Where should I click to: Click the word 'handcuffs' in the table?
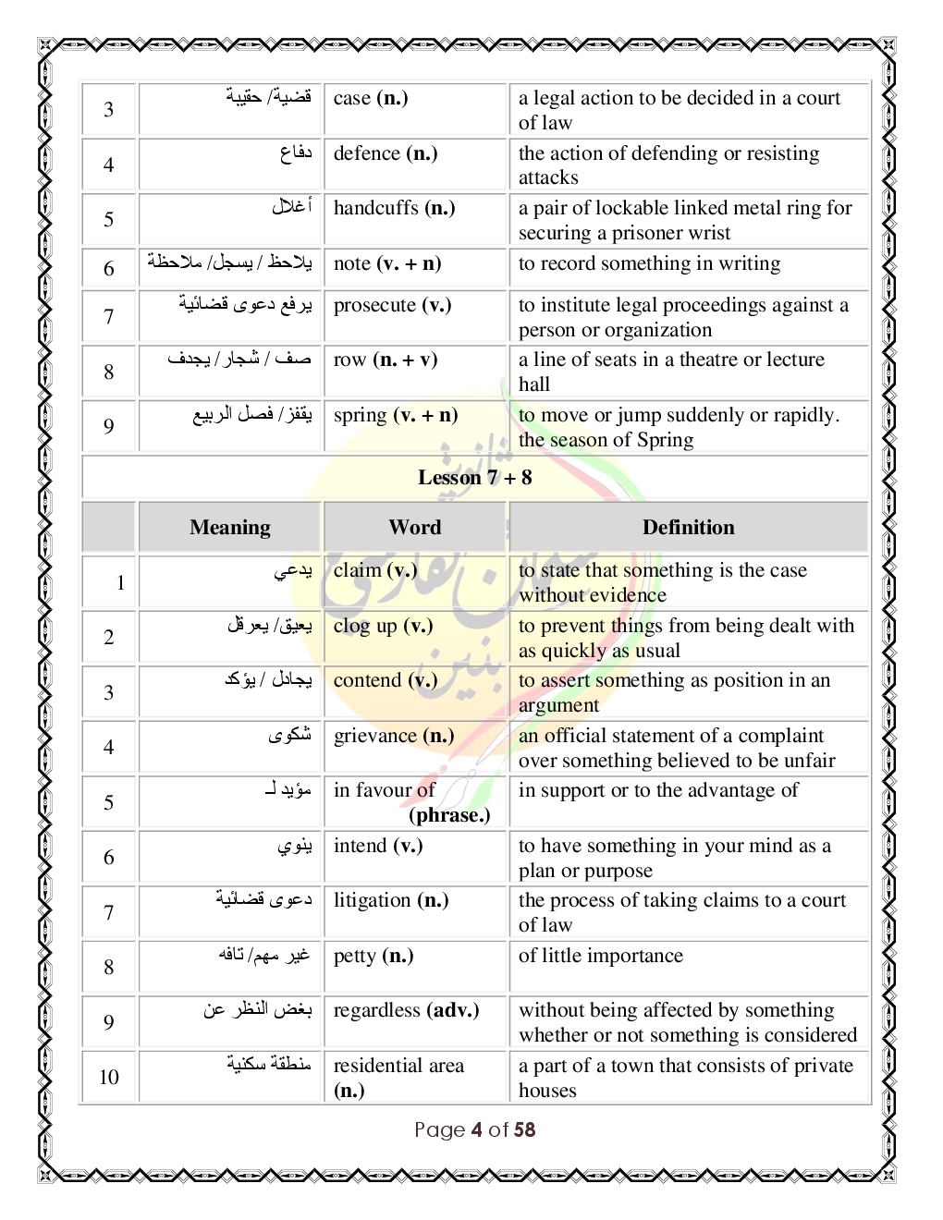tap(375, 208)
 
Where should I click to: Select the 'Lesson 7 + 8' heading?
tap(474, 478)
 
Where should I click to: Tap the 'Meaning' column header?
tap(229, 528)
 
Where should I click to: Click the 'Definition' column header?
tap(688, 528)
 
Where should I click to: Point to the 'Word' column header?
tap(415, 528)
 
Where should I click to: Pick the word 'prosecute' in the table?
tap(374, 306)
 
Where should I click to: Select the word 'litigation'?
tap(372, 900)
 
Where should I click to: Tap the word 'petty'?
tap(355, 956)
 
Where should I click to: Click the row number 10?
tap(109, 1077)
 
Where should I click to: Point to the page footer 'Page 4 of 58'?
tap(474, 1129)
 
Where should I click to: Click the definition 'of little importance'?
tap(601, 956)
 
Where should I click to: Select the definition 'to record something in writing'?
tap(649, 264)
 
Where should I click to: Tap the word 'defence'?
tap(367, 153)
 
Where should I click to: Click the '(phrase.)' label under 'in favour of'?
tap(449, 815)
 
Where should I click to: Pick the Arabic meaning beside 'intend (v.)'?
tap(295, 846)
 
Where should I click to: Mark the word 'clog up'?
tap(365, 626)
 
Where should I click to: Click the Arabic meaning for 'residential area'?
tap(269, 1065)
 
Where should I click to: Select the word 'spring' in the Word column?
tap(360, 416)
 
